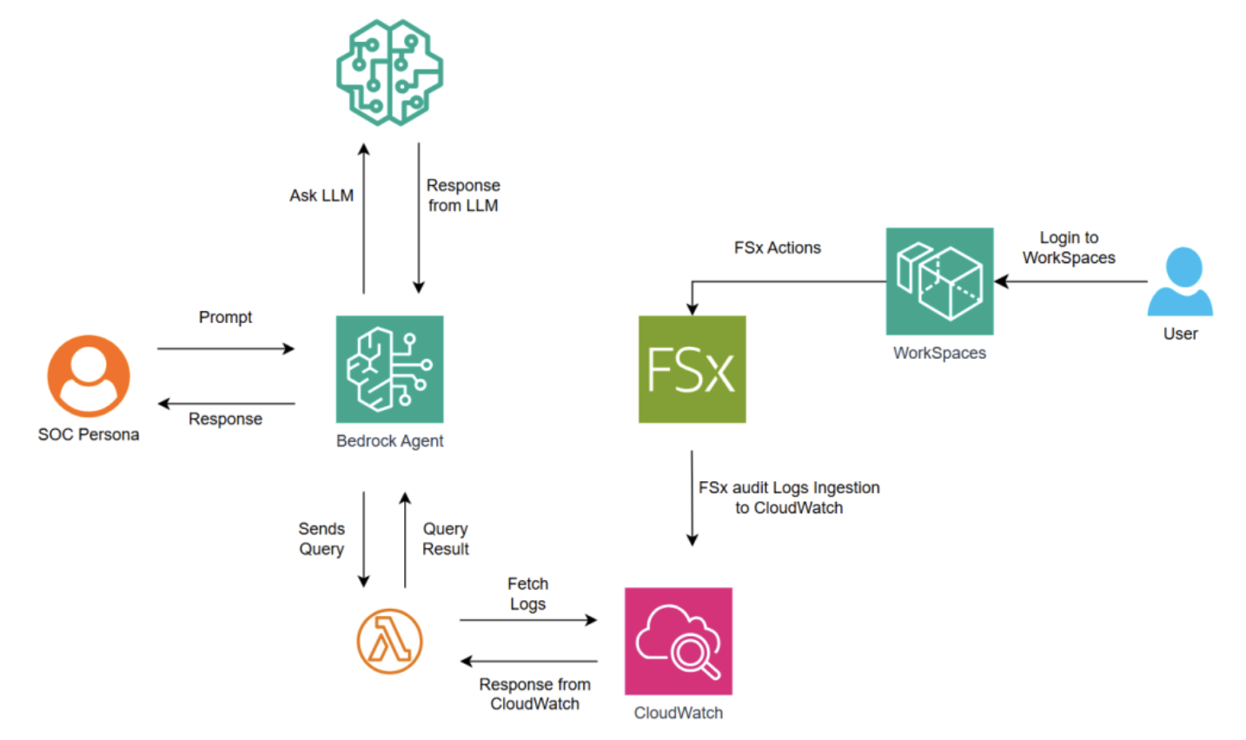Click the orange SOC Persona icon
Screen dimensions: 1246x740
(x=89, y=376)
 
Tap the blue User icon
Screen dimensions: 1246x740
(x=1180, y=281)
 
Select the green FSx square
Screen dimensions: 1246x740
(x=692, y=369)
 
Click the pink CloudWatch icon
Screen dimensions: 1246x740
(x=678, y=641)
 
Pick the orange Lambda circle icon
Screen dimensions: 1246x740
(x=389, y=641)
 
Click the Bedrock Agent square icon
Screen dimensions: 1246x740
(x=389, y=369)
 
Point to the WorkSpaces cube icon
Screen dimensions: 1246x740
(x=939, y=281)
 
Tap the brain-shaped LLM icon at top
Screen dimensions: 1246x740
(x=389, y=73)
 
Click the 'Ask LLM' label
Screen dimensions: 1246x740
(x=321, y=195)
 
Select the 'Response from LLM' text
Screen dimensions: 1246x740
(x=463, y=195)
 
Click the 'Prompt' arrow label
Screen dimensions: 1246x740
(x=225, y=317)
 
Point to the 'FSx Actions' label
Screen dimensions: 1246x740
(x=777, y=248)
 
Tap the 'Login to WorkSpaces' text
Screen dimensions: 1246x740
(x=1069, y=248)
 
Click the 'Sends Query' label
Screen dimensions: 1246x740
(x=321, y=538)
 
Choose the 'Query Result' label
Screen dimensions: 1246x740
(x=445, y=538)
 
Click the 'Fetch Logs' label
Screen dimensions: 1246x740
(x=528, y=593)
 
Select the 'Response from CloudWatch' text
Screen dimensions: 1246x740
(x=534, y=694)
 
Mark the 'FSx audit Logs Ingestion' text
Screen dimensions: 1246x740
(x=789, y=487)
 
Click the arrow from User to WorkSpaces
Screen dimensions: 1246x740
(x=1070, y=281)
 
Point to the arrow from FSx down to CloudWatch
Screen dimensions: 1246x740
(x=692, y=499)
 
